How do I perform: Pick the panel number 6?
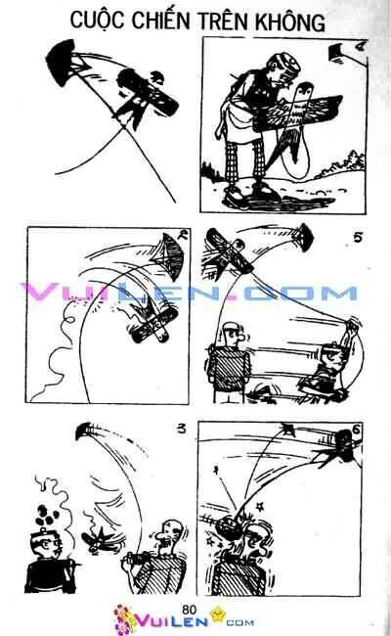click(362, 432)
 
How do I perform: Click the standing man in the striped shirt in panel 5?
click(228, 362)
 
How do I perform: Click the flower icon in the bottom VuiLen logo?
click(125, 618)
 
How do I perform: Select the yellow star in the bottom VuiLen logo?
click(220, 616)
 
